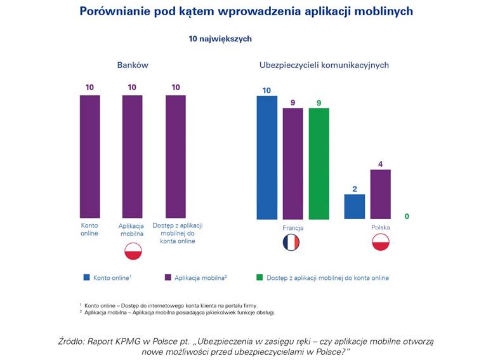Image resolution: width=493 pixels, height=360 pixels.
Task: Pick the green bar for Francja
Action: coord(319,163)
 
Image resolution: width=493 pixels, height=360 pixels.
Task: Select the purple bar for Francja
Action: coord(293,163)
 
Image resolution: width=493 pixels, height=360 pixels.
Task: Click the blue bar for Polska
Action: coord(355,206)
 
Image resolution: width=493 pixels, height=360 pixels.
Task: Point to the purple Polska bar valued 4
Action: coord(380,194)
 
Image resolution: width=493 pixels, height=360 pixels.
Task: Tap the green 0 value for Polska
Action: coord(407,217)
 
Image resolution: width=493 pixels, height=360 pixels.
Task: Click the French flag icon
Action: coord(291,243)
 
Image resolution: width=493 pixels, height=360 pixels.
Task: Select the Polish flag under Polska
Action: coord(380,243)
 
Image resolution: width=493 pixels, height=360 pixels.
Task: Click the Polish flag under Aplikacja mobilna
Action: coord(133,251)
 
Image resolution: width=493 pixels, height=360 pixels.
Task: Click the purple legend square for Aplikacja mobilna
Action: coord(168,277)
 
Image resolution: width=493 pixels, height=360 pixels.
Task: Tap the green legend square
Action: coord(260,277)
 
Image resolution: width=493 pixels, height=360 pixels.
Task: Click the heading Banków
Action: coord(132,65)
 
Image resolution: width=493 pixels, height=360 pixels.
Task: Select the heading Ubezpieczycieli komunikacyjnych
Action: coord(324,65)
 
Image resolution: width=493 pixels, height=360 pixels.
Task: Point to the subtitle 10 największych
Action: coord(220,39)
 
